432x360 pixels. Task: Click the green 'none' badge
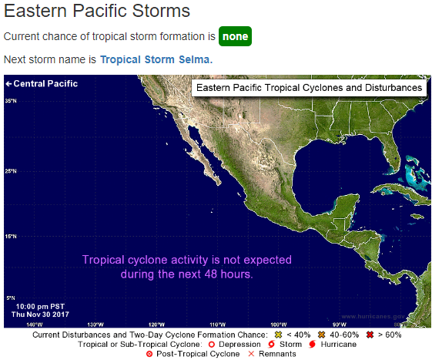click(x=235, y=36)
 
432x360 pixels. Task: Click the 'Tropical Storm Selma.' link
click(x=156, y=59)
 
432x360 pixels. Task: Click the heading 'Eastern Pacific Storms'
click(x=97, y=12)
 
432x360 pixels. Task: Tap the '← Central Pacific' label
click(x=41, y=83)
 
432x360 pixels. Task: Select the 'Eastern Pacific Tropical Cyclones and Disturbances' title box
click(x=309, y=88)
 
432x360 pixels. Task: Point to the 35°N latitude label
click(x=11, y=101)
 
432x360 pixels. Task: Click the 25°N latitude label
click(x=11, y=171)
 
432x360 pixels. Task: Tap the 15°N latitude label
click(x=11, y=236)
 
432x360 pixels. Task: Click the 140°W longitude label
click(x=33, y=324)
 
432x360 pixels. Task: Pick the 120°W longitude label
click(x=156, y=324)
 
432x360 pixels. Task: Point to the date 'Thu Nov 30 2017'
click(x=40, y=315)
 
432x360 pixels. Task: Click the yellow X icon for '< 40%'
click(x=280, y=335)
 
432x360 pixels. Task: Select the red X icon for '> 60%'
click(x=370, y=335)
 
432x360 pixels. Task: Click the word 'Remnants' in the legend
click(x=277, y=354)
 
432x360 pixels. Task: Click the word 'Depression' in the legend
click(x=239, y=344)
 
